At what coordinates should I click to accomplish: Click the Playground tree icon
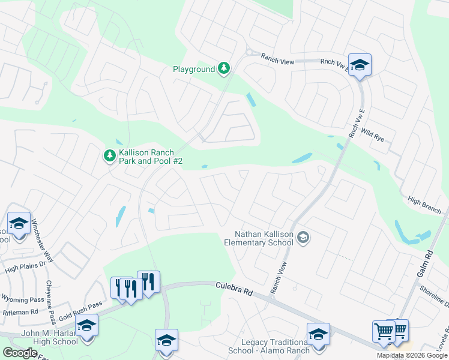point(224,69)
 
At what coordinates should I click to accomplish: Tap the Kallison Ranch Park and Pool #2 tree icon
point(109,156)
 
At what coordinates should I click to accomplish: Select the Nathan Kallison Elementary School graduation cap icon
point(303,238)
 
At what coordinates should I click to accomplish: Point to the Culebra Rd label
point(234,289)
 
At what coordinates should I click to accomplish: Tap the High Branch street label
point(424,204)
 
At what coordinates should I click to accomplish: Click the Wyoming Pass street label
point(22,300)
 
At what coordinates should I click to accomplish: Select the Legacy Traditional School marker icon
point(318,334)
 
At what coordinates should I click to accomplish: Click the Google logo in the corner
point(20,353)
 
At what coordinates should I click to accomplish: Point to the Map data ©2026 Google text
point(412,355)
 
